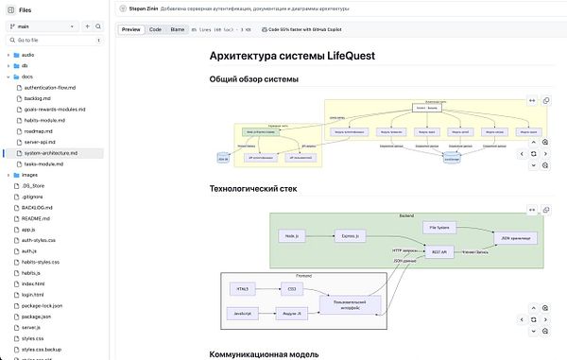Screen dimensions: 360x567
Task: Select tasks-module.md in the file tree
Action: tap(43, 163)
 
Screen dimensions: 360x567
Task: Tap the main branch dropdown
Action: tap(43, 26)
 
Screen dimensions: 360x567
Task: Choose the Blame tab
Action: tap(178, 30)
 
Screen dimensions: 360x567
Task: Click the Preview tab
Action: tap(131, 30)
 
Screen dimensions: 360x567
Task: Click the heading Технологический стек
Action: tap(252, 189)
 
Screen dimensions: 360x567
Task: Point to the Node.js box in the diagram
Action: tap(291, 235)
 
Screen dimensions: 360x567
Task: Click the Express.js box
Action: tap(350, 235)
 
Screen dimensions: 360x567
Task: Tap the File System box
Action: tap(438, 228)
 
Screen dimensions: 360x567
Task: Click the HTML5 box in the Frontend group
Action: tap(244, 287)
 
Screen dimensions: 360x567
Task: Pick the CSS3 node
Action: tap(292, 287)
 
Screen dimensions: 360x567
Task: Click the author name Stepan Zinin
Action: tap(144, 8)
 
